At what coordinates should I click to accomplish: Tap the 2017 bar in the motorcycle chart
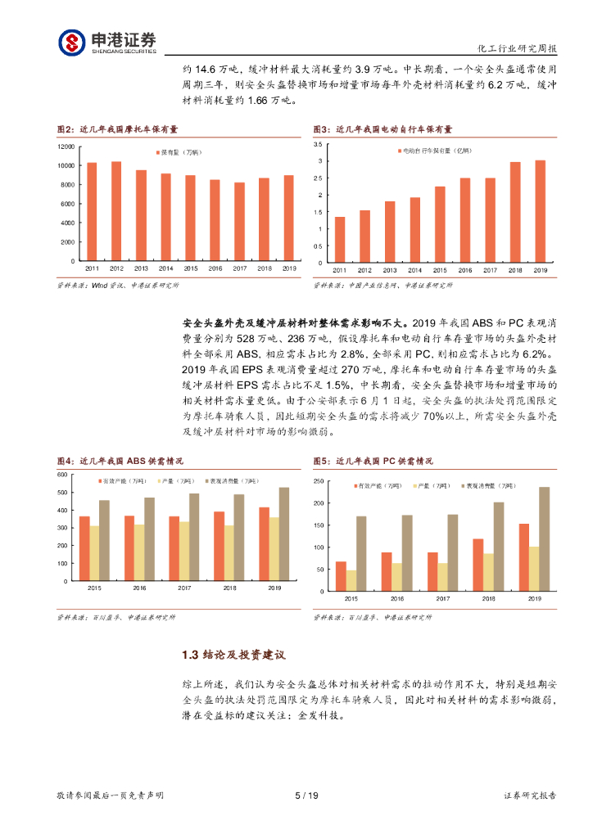click(x=239, y=221)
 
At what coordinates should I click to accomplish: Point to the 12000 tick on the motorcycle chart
click(x=66, y=146)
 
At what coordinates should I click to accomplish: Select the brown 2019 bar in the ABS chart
click(x=284, y=534)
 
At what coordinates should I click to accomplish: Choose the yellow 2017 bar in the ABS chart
click(x=184, y=551)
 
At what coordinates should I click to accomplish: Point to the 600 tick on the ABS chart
click(x=62, y=475)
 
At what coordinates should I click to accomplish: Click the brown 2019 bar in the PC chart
click(x=545, y=534)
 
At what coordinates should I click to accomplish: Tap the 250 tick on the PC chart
click(x=320, y=481)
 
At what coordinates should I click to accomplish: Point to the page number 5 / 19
click(x=306, y=795)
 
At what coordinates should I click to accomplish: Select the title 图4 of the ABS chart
click(x=120, y=462)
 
